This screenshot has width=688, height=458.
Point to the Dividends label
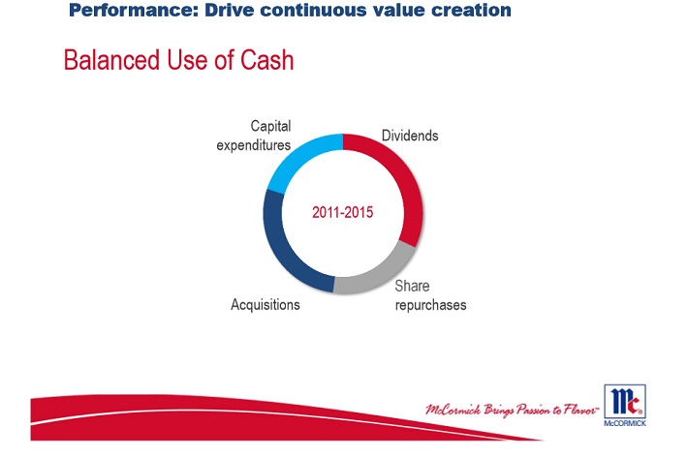(x=409, y=136)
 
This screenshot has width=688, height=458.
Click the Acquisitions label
(x=265, y=305)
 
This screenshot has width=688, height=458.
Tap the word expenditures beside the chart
(x=255, y=145)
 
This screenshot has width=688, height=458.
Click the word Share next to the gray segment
(x=412, y=287)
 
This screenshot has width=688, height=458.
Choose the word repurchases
(x=430, y=305)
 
